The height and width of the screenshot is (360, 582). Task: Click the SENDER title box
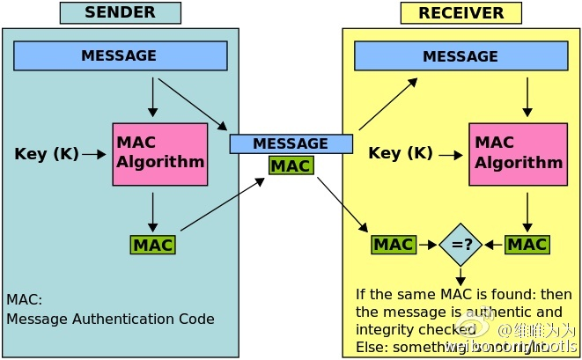click(120, 13)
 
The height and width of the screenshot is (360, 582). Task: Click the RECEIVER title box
click(460, 13)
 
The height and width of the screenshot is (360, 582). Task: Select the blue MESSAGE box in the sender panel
click(121, 55)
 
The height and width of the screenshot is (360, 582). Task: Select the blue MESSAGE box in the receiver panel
click(460, 56)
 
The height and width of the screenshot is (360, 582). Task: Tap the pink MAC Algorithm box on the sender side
click(160, 154)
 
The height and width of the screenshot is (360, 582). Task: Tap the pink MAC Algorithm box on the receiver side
click(518, 154)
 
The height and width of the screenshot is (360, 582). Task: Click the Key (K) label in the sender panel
click(47, 154)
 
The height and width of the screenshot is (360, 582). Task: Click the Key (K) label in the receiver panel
click(400, 153)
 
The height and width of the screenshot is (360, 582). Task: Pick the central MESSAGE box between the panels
click(291, 143)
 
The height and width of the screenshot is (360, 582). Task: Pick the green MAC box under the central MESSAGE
click(291, 165)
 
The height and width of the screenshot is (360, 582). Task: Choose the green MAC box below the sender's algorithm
click(152, 244)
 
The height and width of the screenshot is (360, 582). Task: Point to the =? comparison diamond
click(461, 244)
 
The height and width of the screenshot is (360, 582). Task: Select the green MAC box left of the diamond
click(394, 244)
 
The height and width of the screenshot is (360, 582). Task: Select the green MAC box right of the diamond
click(527, 244)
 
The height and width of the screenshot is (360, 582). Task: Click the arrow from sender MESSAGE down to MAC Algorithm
click(153, 97)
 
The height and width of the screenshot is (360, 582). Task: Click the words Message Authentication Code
click(110, 320)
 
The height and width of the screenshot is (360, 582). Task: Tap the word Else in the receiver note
click(369, 346)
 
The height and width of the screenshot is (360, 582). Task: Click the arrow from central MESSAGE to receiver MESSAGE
click(387, 102)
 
